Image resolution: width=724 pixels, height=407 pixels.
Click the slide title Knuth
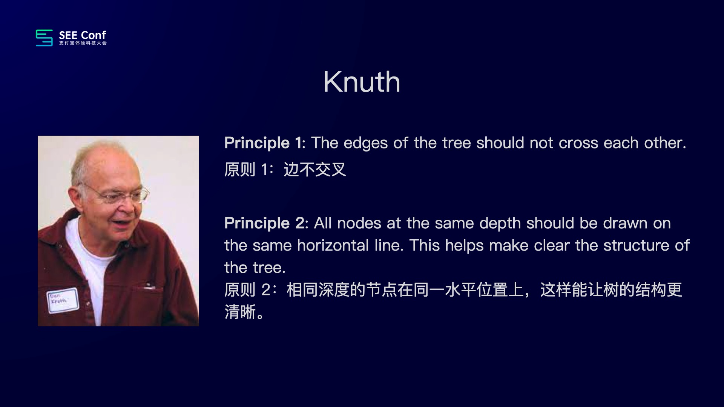tap(362, 82)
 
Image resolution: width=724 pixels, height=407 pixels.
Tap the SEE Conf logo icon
tap(44, 38)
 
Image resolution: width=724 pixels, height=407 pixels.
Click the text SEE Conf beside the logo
tap(83, 35)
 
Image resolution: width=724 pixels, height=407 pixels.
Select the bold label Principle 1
tap(264, 143)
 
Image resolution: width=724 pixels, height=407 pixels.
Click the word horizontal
tap(333, 245)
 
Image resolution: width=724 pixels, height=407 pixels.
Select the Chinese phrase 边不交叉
tap(314, 170)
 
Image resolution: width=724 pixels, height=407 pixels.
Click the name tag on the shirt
tap(63, 301)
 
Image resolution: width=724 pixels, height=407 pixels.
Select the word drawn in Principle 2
tap(623, 223)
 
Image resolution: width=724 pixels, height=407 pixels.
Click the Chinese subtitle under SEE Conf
tap(83, 43)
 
